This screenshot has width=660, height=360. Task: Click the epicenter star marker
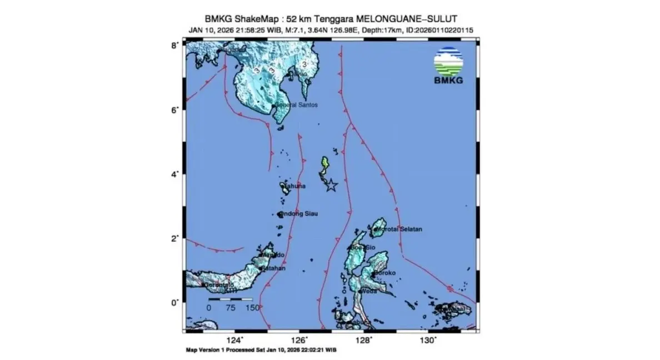[x=331, y=186]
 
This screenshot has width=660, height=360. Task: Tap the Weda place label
[x=369, y=291]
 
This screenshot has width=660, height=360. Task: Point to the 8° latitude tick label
[x=174, y=45]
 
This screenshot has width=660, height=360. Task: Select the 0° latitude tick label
[x=174, y=303]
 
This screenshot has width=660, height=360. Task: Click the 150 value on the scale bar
[x=252, y=307]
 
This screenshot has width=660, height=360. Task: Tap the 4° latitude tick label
[x=174, y=174]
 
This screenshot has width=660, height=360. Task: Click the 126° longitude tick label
[x=299, y=340]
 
